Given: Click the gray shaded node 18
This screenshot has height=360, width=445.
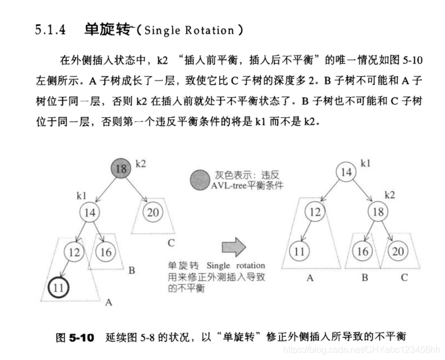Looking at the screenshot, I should [x=121, y=169].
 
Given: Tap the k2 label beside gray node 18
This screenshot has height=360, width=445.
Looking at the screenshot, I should [x=141, y=164].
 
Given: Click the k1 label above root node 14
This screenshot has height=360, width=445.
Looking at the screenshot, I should [x=365, y=163].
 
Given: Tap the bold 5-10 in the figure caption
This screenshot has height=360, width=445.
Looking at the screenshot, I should [x=82, y=337].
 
